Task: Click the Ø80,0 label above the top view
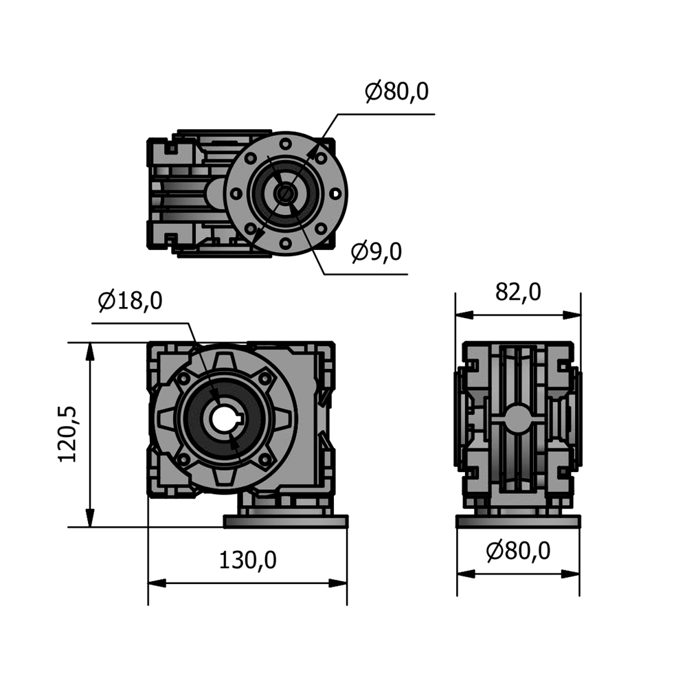click(x=396, y=91)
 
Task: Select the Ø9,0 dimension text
click(x=376, y=252)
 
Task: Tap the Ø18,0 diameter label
click(x=130, y=301)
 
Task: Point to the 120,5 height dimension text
click(x=67, y=434)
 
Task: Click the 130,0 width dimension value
click(x=247, y=560)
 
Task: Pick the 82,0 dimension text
click(x=518, y=292)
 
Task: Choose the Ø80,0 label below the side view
click(x=518, y=551)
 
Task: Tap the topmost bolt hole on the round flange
click(x=286, y=144)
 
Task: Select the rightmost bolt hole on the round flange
click(x=335, y=193)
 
